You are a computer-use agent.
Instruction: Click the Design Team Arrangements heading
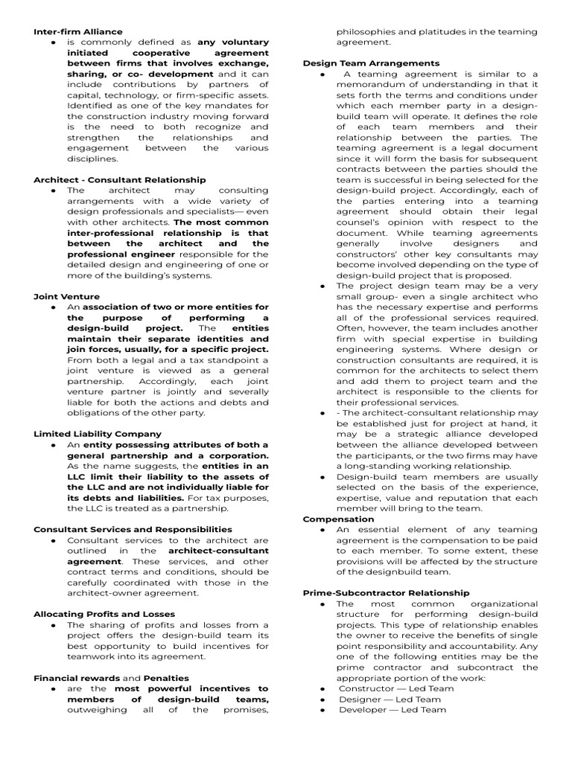click(x=371, y=63)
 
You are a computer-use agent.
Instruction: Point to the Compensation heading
click(x=338, y=519)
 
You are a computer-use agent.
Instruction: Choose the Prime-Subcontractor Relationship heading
click(x=386, y=593)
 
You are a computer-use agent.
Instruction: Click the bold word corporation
click(x=230, y=455)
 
